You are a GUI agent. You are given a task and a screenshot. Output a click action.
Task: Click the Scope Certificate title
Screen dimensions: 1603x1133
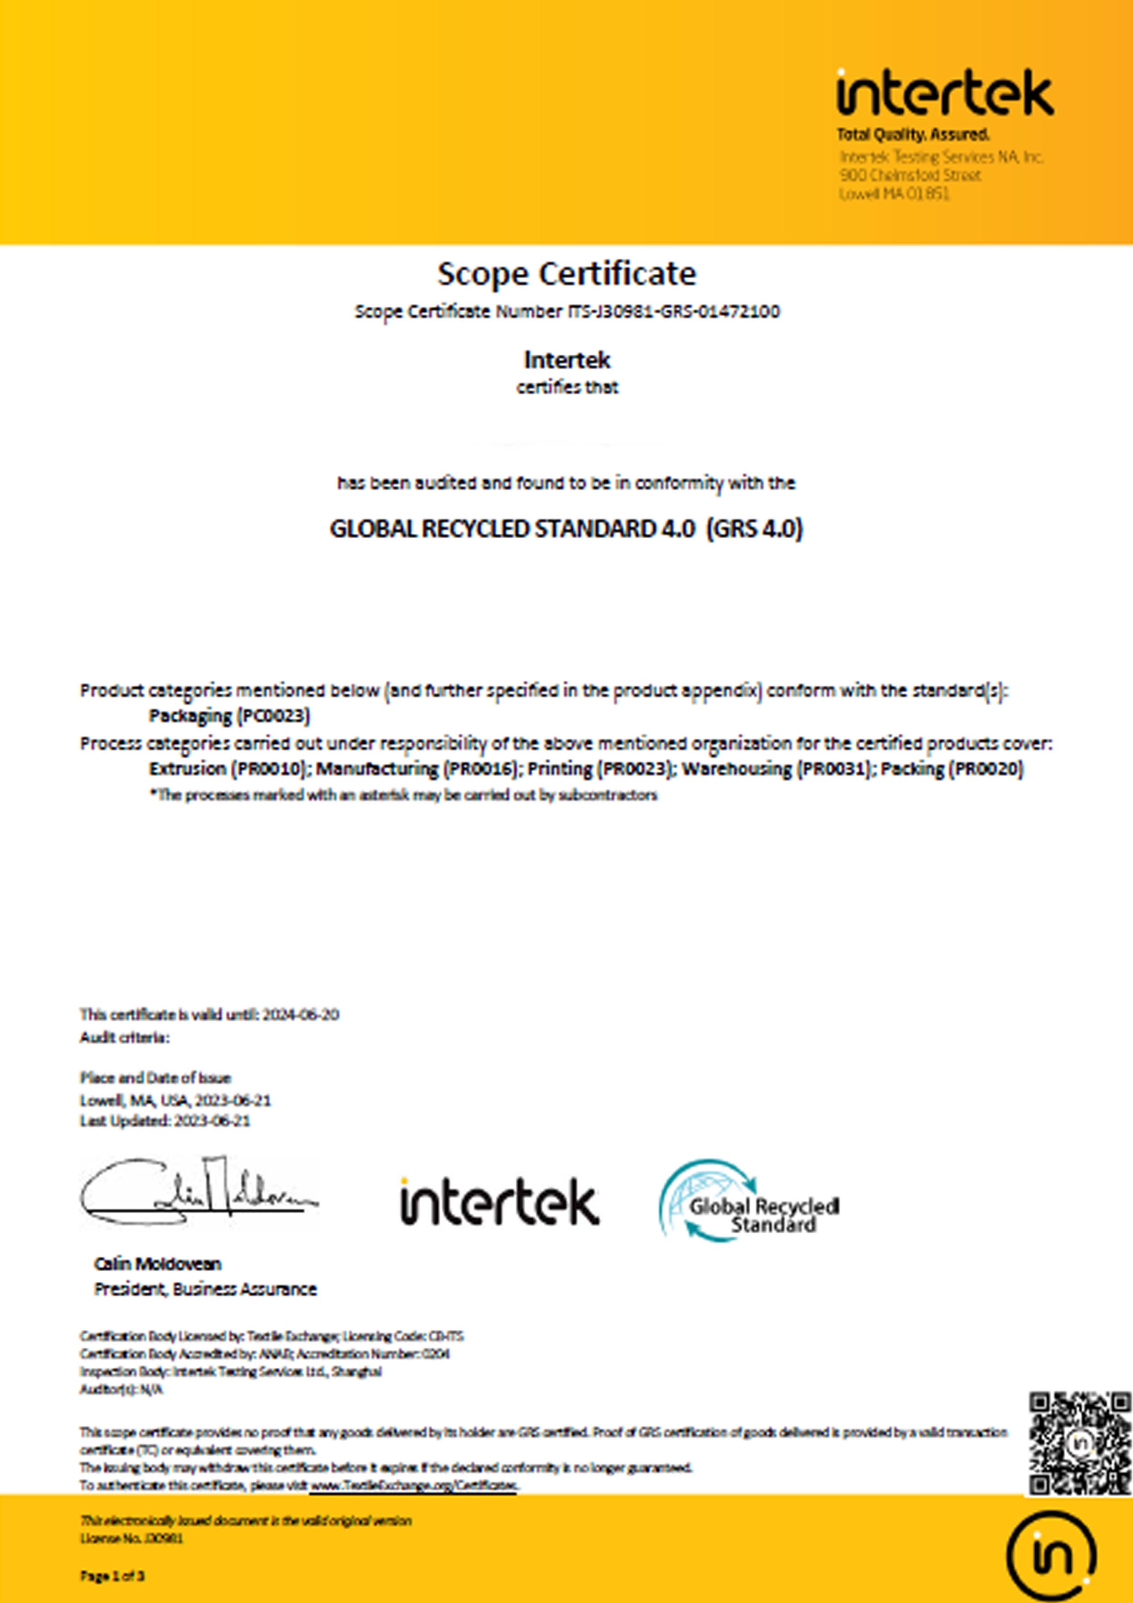point(566,273)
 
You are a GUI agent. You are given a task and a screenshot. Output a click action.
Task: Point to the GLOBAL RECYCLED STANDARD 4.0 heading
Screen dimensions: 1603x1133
point(566,529)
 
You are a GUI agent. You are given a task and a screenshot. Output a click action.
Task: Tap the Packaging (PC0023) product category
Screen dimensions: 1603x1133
point(230,716)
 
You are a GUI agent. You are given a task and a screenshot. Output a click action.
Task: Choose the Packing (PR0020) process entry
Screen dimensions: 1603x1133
point(952,769)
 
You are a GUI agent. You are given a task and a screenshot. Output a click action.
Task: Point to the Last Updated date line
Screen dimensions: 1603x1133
point(165,1120)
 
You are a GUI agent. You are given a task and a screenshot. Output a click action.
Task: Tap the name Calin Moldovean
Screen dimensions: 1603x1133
point(158,1263)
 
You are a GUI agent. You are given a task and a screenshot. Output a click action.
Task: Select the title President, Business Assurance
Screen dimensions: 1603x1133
point(205,1289)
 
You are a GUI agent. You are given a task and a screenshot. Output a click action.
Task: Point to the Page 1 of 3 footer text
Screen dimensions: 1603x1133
point(112,1576)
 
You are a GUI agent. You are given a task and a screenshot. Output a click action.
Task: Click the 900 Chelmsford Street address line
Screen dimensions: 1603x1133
point(911,175)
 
